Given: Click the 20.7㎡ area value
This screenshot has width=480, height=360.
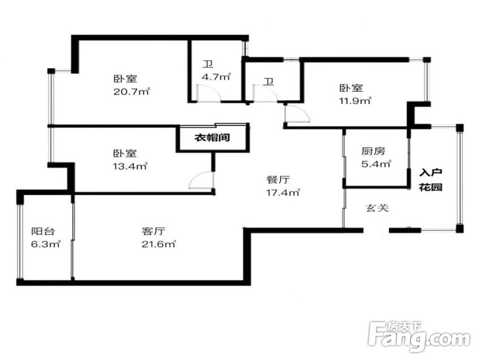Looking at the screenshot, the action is tap(132, 91).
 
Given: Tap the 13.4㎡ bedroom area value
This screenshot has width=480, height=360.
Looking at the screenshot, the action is tap(131, 166).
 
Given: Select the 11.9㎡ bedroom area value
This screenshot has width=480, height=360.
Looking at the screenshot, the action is tap(355, 101).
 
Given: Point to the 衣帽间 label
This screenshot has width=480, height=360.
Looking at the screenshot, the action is tap(212, 137).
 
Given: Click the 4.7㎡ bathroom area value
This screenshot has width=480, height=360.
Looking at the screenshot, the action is tap(216, 76).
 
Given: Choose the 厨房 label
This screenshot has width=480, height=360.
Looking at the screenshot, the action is tap(373, 151).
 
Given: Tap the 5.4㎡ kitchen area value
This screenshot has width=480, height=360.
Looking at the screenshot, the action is tap(376, 164).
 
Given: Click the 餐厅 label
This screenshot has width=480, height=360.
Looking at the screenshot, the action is tap(278, 180).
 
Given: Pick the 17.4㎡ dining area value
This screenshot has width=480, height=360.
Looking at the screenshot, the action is tap(283, 193).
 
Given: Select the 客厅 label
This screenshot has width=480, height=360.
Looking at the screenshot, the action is tap(154, 231).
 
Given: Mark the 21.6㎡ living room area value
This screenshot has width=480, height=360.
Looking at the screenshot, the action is tap(159, 244).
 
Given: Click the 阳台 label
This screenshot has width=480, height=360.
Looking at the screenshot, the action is tap(43, 231).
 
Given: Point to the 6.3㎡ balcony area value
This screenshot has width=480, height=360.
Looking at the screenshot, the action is tap(46, 244).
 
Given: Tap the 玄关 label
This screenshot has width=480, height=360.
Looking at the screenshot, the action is tap(378, 208).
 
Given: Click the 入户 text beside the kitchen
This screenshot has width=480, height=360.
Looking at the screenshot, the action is tap(430, 172).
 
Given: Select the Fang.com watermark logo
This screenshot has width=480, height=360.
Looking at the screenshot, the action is tap(420, 337).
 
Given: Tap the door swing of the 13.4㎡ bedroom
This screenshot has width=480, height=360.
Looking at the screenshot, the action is tap(201, 180).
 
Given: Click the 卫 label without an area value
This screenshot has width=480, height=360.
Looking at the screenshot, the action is tap(269, 82).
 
